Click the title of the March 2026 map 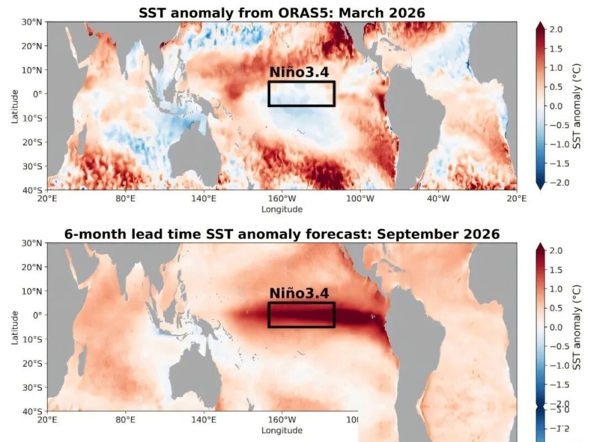coord(282,12)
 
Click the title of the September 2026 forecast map coord(282,234)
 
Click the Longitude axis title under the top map coord(282,209)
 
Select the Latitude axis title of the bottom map coord(15,327)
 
